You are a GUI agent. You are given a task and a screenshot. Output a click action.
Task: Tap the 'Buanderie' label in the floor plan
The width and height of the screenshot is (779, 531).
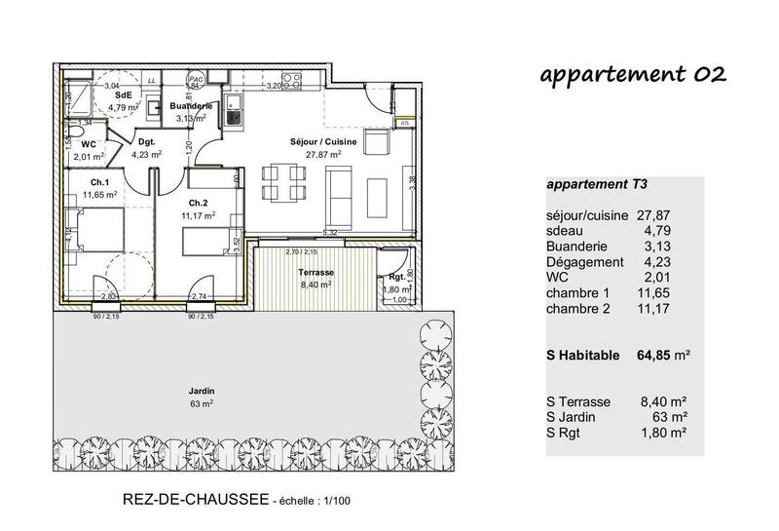(191, 105)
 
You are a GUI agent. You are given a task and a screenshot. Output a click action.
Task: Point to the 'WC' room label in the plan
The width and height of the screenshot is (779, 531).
(88, 143)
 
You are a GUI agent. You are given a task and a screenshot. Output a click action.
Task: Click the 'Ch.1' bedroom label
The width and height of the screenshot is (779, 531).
(98, 182)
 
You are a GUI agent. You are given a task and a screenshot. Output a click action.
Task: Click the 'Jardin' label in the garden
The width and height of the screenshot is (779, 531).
(203, 391)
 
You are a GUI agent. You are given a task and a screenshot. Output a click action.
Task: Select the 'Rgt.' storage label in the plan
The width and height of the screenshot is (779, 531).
(396, 277)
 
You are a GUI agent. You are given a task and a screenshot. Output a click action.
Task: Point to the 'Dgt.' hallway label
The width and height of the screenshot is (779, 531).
(147, 140)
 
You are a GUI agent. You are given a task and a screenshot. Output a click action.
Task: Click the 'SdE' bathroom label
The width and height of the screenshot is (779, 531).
(123, 95)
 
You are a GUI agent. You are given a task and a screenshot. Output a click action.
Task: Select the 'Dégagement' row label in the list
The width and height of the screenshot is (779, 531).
(585, 261)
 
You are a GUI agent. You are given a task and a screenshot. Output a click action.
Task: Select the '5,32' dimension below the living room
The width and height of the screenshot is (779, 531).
(330, 233)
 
